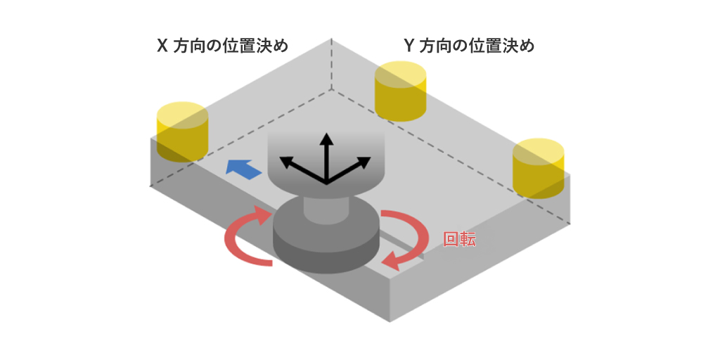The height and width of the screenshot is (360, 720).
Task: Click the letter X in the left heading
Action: coord(162,46)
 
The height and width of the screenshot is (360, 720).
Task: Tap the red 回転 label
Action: coord(459,239)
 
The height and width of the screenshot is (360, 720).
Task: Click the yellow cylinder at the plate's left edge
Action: coord(181,133)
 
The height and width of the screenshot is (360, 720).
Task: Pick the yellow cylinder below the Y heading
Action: coord(401,91)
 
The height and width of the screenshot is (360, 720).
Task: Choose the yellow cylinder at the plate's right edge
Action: coord(538,169)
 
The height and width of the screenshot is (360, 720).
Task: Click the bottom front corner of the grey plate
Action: coord(389,320)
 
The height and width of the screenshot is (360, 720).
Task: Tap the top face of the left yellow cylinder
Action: coord(181,115)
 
